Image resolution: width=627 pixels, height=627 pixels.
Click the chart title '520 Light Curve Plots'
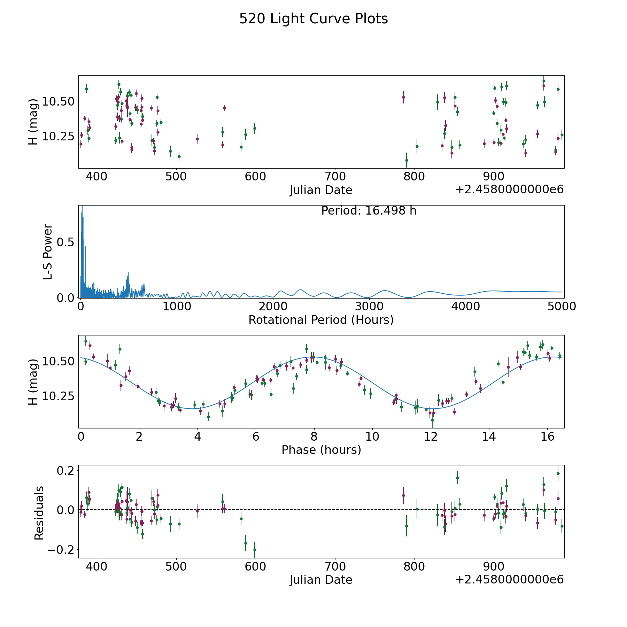click(x=313, y=19)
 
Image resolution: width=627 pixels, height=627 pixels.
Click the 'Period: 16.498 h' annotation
click(x=369, y=211)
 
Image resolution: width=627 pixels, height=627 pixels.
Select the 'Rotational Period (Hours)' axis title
click(x=321, y=320)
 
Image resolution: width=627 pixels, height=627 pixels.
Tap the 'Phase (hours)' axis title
click(x=321, y=450)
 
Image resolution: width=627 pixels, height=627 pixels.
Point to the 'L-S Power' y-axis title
click(x=48, y=251)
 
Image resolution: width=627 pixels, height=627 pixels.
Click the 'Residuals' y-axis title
click(x=39, y=513)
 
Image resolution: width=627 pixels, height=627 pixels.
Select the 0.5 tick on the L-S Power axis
click(x=65, y=242)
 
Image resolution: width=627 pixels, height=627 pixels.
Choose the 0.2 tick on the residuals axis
click(x=65, y=471)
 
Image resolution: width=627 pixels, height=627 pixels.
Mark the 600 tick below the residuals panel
click(x=255, y=566)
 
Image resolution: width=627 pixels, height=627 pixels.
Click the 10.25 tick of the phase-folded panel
click(x=58, y=396)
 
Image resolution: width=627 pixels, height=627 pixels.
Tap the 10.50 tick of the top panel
click(x=58, y=101)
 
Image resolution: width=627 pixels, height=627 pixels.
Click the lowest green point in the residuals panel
click(x=255, y=550)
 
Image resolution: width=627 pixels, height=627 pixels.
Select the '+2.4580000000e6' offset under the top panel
click(x=509, y=190)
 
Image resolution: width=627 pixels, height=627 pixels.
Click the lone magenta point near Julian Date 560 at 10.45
click(x=224, y=108)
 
